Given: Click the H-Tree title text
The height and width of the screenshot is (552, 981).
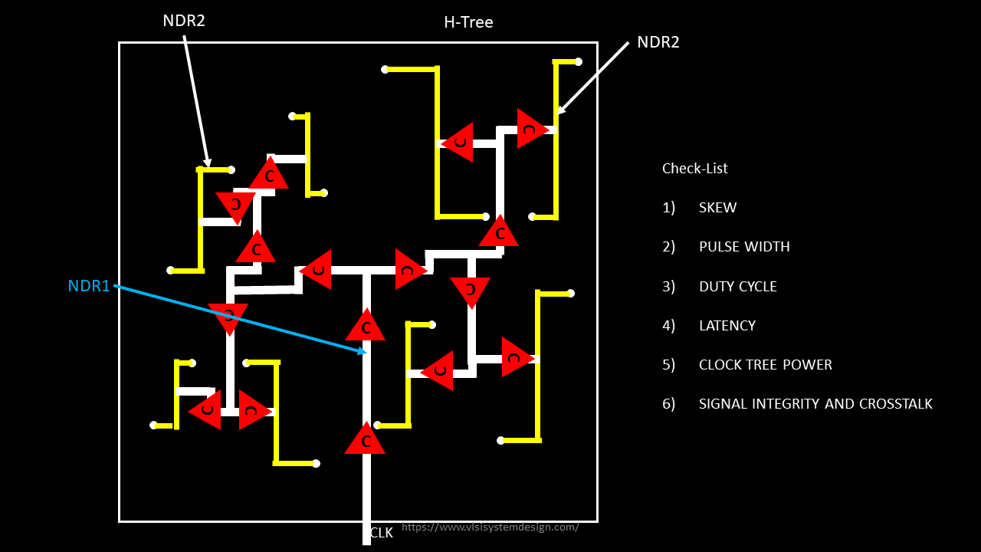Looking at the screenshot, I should point(468,22).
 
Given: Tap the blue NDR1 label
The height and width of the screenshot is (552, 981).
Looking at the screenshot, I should point(89,286).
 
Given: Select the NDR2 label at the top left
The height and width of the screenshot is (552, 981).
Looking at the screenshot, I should point(184,21).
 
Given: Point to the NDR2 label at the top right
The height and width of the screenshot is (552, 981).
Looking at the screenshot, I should point(658,42).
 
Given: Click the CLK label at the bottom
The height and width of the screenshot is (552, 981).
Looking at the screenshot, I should point(382,533).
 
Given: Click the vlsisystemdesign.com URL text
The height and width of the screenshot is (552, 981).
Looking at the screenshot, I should point(490,527).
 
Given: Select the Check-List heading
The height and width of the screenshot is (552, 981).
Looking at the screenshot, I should point(694,168).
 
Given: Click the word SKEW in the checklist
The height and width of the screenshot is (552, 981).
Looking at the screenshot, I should point(717,208).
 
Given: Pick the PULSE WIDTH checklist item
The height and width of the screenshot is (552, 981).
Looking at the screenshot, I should point(743,247).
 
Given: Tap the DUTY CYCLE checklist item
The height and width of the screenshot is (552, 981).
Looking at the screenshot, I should point(737,286).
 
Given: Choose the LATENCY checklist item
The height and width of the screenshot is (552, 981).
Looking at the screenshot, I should point(727,325).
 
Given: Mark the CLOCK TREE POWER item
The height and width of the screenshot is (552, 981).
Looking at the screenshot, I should point(765,364).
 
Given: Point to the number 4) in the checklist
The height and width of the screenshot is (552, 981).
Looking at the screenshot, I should point(668,325).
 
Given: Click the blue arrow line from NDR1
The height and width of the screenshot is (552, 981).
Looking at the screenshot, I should point(238,318).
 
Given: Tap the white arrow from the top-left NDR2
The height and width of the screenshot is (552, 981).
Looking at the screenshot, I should point(195,100).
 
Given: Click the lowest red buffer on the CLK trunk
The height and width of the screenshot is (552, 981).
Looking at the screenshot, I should point(365,439).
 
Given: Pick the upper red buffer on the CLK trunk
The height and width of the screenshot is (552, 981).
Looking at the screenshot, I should point(366,327).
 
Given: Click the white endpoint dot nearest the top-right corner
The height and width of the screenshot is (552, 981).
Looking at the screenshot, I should point(579,61).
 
